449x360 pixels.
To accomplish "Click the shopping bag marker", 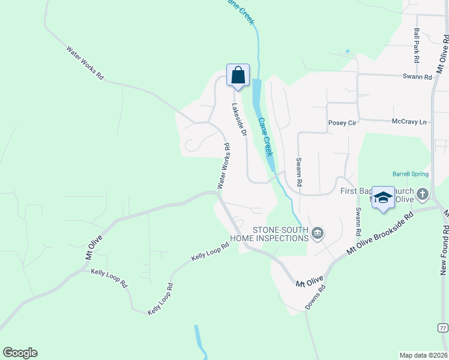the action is click(238, 76).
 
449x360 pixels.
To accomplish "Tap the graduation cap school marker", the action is click(383, 198).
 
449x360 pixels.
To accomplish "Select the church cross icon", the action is click(423, 194).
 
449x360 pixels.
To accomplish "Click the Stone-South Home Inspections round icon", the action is click(318, 233).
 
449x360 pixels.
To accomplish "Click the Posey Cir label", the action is click(342, 123).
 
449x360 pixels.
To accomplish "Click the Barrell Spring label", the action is click(411, 174).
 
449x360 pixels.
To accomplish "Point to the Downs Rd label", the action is click(315, 297).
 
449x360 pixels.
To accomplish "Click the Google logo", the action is click(20, 353).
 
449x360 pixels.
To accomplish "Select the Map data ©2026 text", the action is click(423, 355).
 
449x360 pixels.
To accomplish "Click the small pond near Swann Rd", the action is click(347, 51).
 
